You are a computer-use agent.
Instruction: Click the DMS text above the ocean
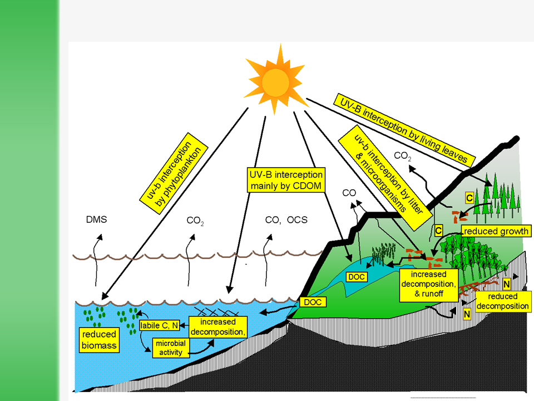click(96, 219)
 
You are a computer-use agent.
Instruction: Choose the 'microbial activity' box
click(170, 347)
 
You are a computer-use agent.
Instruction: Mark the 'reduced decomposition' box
click(502, 301)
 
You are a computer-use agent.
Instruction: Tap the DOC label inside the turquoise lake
click(355, 277)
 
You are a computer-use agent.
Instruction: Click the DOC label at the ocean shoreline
click(312, 302)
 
